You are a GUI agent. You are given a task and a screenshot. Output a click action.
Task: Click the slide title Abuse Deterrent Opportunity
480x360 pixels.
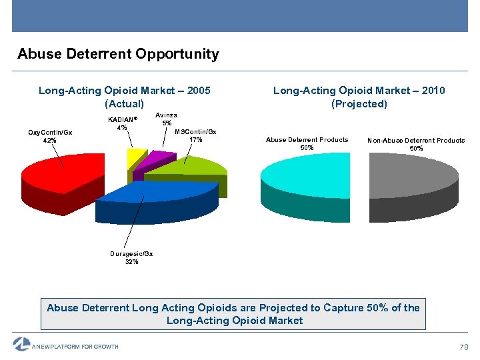coord(118,54)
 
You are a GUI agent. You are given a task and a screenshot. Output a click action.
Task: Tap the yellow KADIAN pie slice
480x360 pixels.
coord(135,157)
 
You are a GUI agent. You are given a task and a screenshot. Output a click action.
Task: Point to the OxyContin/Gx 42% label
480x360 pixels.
coord(50,136)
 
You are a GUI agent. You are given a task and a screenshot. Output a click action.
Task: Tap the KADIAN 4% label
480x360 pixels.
coord(122,123)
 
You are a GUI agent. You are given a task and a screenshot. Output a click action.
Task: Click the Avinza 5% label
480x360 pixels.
coord(167,119)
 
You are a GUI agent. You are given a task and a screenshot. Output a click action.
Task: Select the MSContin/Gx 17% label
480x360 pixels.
coord(195,135)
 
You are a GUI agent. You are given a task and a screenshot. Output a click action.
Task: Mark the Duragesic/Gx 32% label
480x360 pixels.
coord(131,257)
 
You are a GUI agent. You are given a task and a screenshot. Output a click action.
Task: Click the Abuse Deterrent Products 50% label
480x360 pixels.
coord(307,143)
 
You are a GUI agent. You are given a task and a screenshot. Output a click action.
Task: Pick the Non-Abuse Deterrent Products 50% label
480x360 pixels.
coord(416,144)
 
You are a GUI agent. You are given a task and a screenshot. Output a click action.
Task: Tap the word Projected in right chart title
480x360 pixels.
coord(359,104)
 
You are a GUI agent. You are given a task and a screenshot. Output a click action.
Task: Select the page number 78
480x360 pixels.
coord(464,347)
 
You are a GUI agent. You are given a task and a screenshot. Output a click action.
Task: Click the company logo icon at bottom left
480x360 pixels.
coord(21,344)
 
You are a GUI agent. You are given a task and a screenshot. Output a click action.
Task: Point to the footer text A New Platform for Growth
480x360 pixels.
coord(76,347)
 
